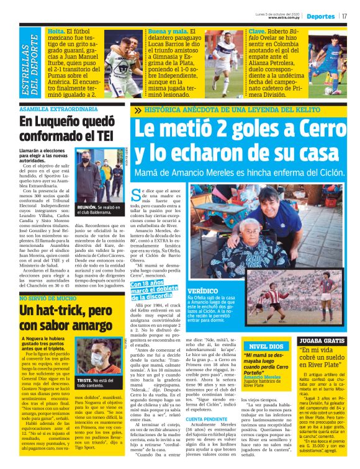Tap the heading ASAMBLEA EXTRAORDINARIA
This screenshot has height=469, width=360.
click(x=50, y=109)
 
